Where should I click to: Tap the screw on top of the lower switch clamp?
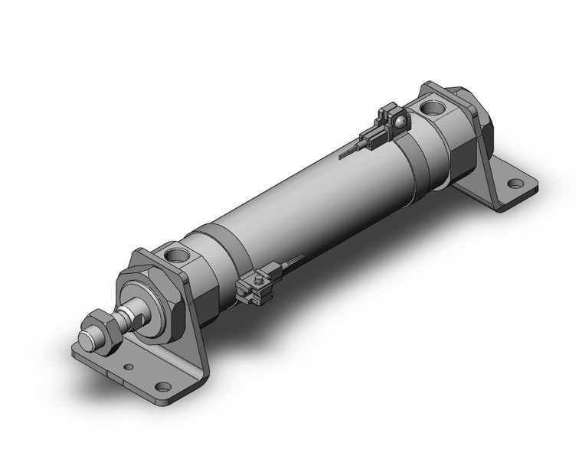(258, 282)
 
